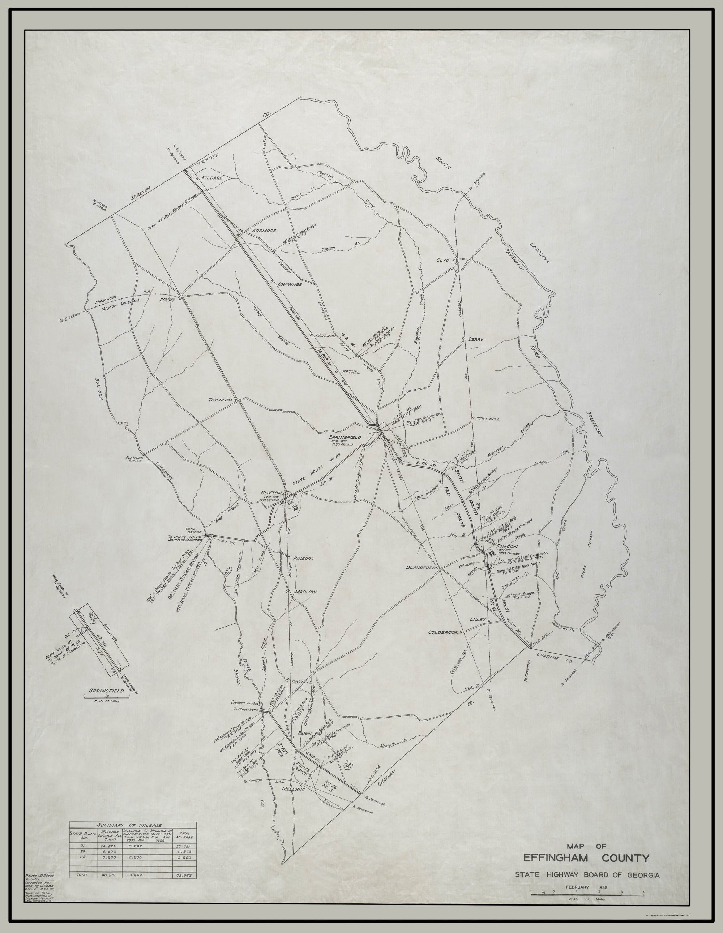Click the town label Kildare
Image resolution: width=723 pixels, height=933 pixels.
tap(212, 178)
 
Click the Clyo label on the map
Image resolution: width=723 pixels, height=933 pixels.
tap(443, 260)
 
